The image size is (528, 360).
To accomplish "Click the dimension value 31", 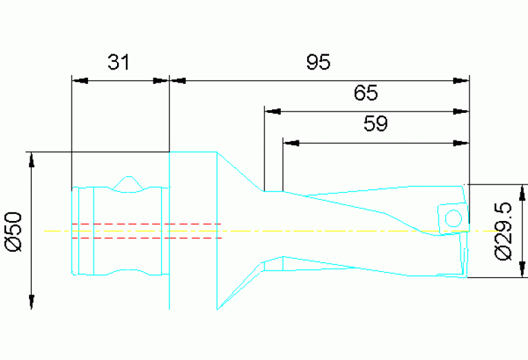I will click(x=118, y=63).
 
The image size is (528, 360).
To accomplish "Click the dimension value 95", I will click(x=318, y=63).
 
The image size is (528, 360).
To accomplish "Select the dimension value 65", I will click(x=366, y=92).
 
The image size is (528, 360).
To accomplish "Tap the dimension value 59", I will click(x=375, y=124).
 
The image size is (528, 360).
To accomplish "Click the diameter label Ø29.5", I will click(x=504, y=231).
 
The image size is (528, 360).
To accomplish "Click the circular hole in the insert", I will click(x=452, y=219).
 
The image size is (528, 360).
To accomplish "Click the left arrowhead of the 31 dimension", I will click(x=79, y=81).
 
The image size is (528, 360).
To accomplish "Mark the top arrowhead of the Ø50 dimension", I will click(x=31, y=160).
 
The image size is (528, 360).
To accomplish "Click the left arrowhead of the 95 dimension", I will click(x=178, y=81).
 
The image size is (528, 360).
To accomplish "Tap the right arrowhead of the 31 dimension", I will click(x=161, y=81).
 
